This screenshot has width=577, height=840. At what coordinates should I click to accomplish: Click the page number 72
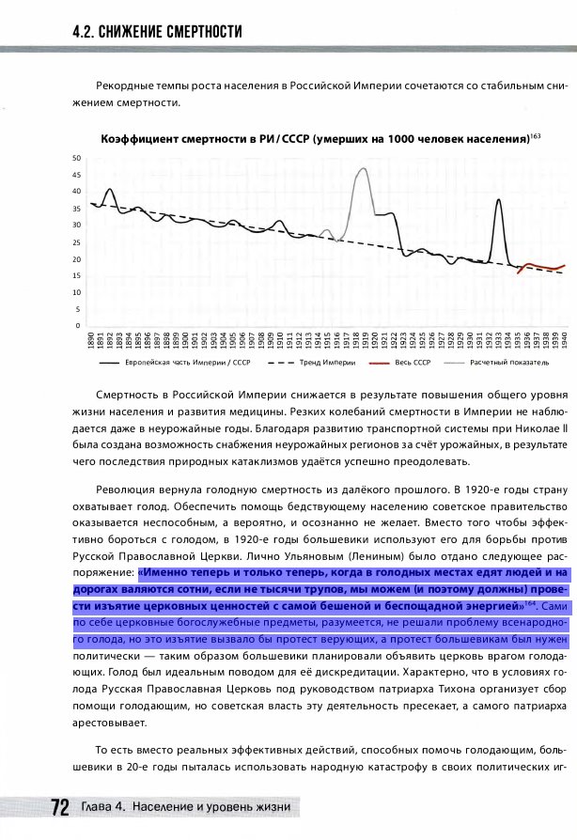(59, 808)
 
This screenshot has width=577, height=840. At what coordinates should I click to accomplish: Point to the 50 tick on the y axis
(76, 158)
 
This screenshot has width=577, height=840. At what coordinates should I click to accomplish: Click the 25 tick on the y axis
(76, 241)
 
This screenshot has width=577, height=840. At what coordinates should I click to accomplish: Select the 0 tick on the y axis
(78, 325)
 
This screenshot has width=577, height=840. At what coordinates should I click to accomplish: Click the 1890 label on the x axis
(90, 340)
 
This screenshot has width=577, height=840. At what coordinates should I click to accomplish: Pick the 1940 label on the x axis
(565, 340)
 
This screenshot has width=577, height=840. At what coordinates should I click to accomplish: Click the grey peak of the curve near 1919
(364, 169)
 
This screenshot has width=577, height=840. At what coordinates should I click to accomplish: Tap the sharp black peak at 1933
(498, 200)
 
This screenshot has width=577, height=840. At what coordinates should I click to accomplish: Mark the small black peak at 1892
(109, 190)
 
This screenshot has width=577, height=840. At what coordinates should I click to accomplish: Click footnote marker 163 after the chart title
(535, 136)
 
